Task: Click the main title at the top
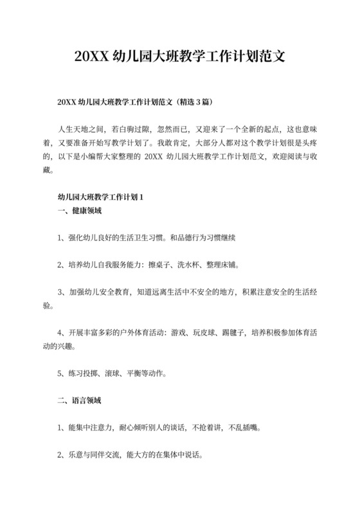click(179, 56)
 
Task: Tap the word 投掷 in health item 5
click(91, 373)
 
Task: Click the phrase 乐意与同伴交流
click(89, 454)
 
